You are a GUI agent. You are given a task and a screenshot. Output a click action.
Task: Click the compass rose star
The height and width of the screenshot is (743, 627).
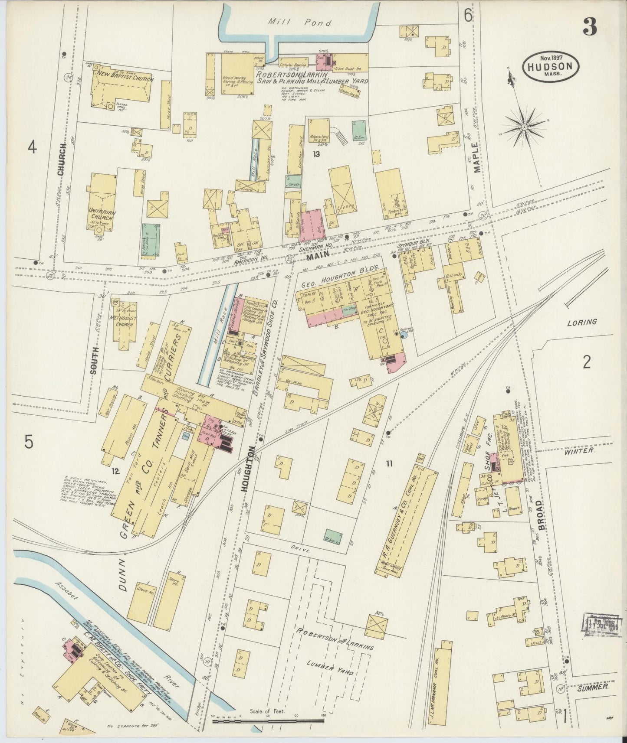click(524, 127)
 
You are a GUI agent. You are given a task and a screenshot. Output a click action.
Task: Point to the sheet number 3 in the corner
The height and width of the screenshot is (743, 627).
click(590, 27)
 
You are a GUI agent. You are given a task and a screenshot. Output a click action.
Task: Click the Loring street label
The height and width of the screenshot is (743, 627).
click(582, 322)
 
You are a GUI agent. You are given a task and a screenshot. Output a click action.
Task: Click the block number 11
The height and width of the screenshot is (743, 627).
click(389, 464)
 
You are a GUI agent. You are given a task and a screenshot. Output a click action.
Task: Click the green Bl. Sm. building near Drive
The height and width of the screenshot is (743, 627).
click(333, 536)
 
